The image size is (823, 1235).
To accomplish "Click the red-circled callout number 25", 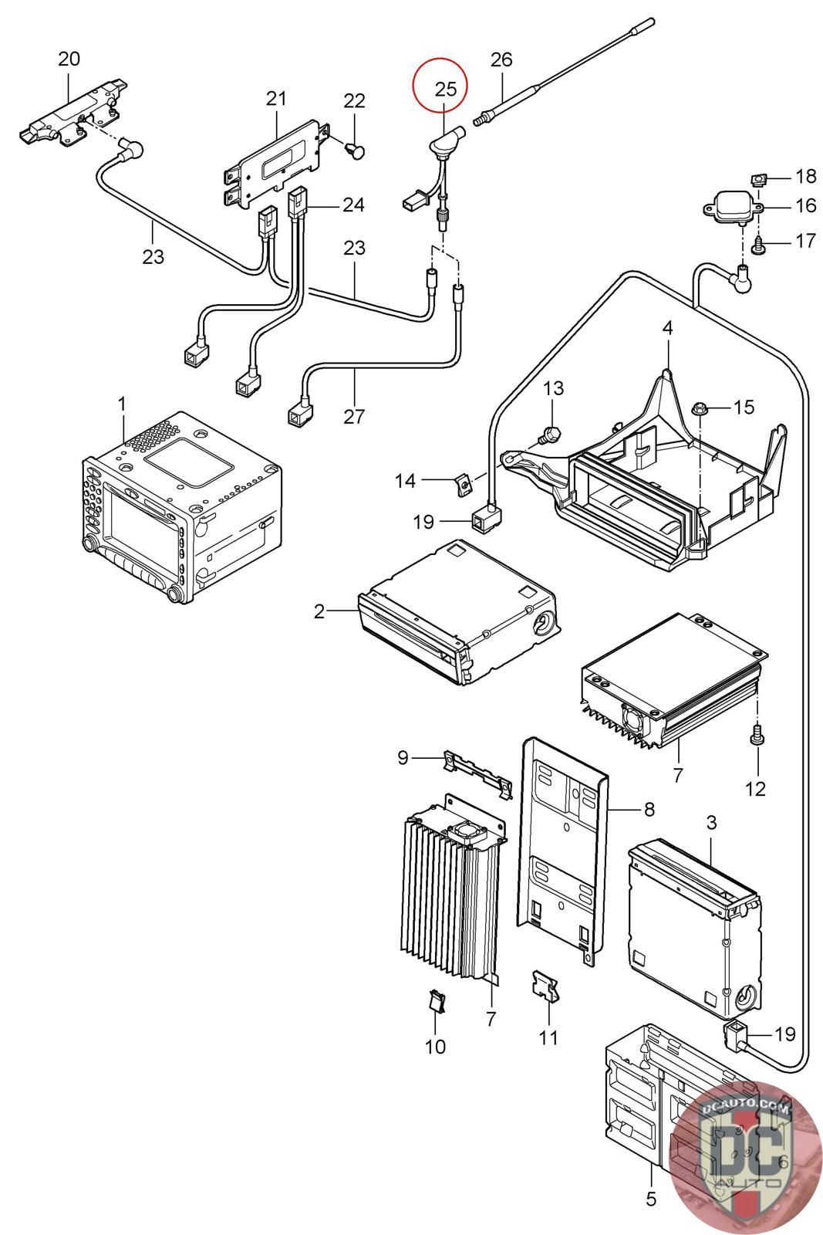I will click(x=446, y=89).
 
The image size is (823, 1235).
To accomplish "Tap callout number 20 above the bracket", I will click(x=69, y=59).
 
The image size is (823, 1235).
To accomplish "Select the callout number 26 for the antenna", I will click(x=501, y=59).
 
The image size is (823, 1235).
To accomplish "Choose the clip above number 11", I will click(x=545, y=986).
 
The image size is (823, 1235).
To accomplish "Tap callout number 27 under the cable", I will click(x=353, y=417).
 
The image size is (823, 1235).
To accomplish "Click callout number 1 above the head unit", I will click(x=122, y=404).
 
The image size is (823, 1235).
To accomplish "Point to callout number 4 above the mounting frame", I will click(x=667, y=328).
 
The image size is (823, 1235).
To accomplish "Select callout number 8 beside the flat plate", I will click(x=649, y=809).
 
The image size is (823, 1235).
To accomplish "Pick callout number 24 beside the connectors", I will click(x=353, y=205).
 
